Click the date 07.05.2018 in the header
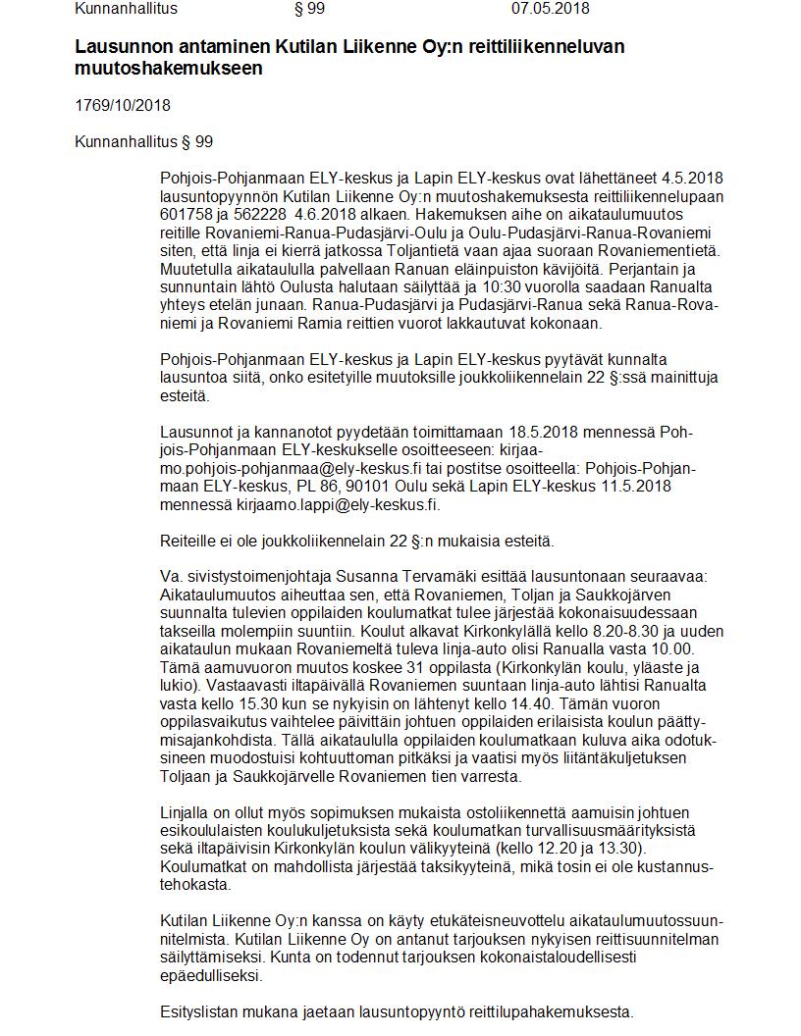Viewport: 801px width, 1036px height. (550, 9)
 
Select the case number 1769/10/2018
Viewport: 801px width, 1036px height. (123, 105)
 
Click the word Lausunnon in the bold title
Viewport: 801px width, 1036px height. (116, 46)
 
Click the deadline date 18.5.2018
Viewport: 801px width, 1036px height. (544, 432)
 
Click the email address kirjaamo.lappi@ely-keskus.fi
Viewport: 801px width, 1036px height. (339, 505)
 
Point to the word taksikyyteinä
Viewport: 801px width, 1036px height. (458, 866)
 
